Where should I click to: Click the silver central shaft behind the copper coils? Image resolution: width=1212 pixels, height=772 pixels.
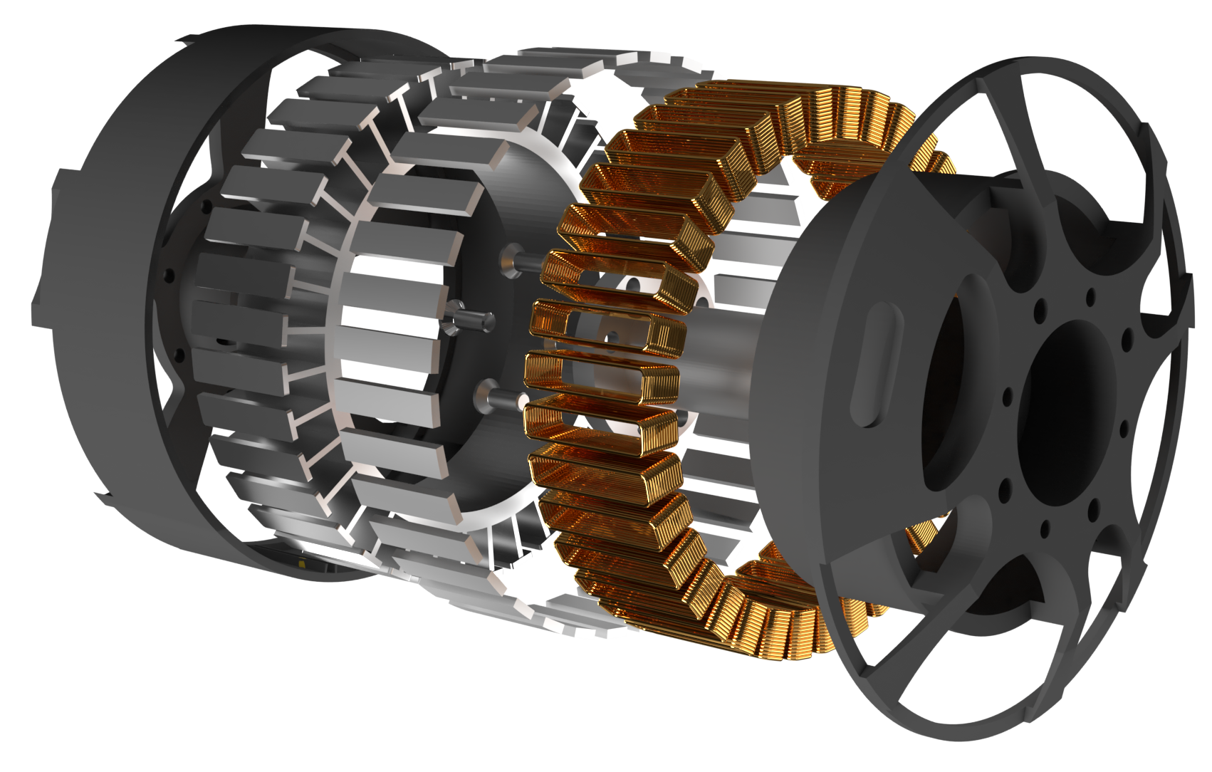(x=719, y=349)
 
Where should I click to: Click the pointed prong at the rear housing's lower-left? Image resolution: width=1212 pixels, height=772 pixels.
(x=107, y=499)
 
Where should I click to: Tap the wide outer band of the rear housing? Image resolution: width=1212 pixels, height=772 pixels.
(x=107, y=285)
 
